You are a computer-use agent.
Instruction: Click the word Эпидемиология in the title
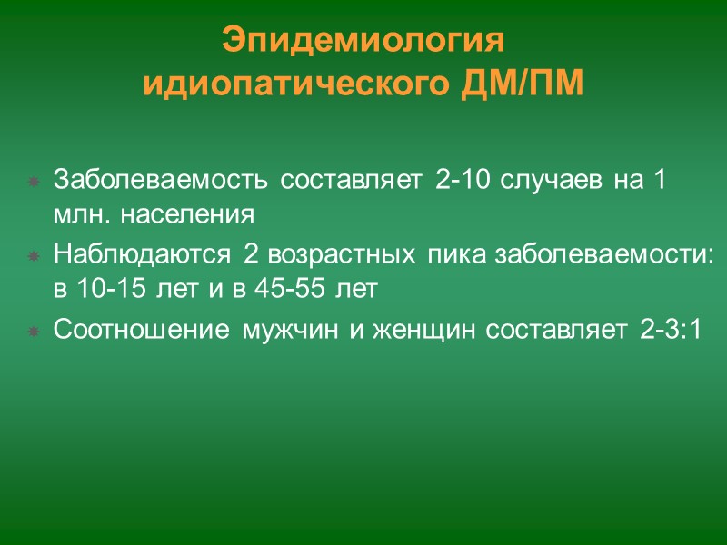pyautogui.click(x=363, y=43)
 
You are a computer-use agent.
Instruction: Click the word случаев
pyautogui.click(x=543, y=180)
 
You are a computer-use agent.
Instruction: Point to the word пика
pyautogui.click(x=444, y=254)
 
